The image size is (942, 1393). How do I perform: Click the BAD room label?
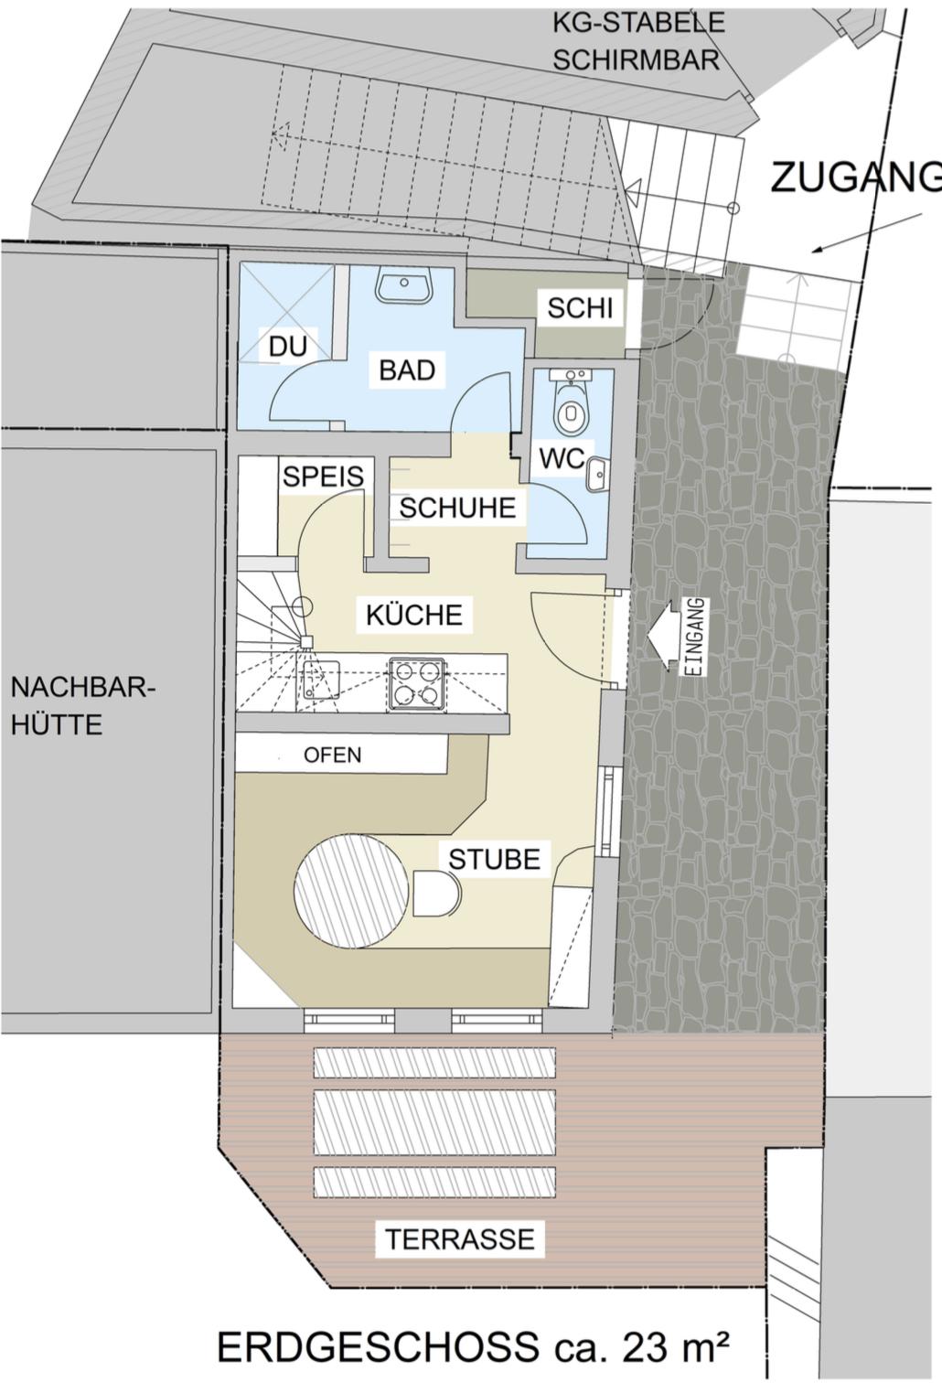[x=407, y=370]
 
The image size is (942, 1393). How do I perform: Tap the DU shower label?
[x=288, y=347]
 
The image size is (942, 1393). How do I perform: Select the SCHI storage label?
[x=580, y=308]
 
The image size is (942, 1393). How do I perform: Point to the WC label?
[x=562, y=459]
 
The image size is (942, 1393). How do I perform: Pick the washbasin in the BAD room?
[x=404, y=286]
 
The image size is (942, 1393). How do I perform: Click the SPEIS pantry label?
[x=324, y=477]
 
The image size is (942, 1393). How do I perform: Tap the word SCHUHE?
[x=457, y=508]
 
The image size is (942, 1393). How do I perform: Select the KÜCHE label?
[x=414, y=615]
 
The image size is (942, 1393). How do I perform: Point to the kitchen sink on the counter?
[x=321, y=679]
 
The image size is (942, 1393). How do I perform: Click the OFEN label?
[x=333, y=755]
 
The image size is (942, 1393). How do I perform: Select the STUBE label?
[x=495, y=859]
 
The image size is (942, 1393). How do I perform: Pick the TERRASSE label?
[x=460, y=1239]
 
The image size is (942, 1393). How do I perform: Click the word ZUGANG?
[x=856, y=177]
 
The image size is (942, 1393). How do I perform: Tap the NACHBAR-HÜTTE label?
[x=81, y=707]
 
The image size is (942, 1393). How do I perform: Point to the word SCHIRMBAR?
[x=637, y=59]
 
